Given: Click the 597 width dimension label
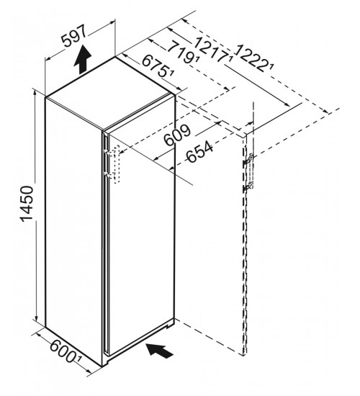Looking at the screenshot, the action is click(x=74, y=36).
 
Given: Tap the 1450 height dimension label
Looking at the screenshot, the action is click(x=27, y=204).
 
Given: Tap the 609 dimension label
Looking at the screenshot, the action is click(x=177, y=135).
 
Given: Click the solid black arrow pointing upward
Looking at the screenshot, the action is click(x=83, y=60).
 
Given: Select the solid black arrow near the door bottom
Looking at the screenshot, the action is click(x=160, y=350).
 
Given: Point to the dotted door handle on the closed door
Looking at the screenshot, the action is click(x=117, y=164).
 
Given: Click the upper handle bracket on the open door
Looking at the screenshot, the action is click(x=248, y=160).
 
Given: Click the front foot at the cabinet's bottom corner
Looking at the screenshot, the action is click(x=106, y=363).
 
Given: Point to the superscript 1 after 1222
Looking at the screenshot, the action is click(x=271, y=68).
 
